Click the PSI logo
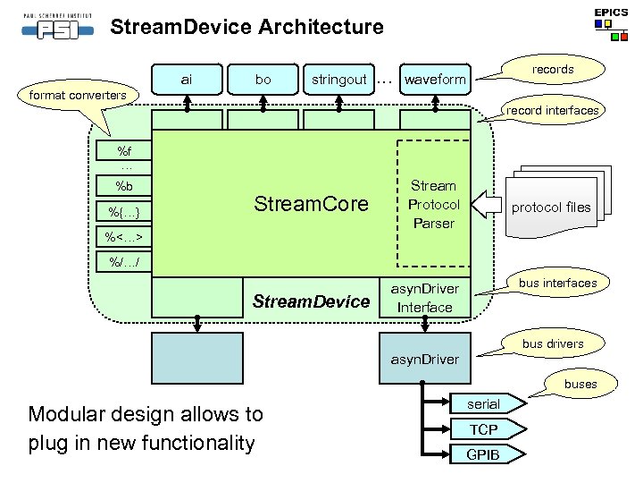tap(58, 27)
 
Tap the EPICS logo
tap(611, 24)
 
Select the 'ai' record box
tap(187, 80)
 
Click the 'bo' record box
tap(263, 80)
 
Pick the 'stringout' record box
tap(338, 80)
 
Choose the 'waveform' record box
tap(435, 80)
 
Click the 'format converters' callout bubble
tap(78, 96)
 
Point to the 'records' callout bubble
tap(552, 70)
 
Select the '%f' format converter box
tap(124, 151)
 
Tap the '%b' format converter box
tap(124, 186)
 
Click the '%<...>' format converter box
tap(124, 236)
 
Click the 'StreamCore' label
tap(312, 204)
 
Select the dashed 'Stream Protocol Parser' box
tap(433, 204)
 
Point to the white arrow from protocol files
tap(487, 204)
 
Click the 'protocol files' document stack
tap(558, 201)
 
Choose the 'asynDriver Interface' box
tap(425, 298)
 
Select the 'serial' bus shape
tap(488, 403)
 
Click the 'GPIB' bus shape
tap(488, 454)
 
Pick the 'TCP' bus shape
tap(488, 429)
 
